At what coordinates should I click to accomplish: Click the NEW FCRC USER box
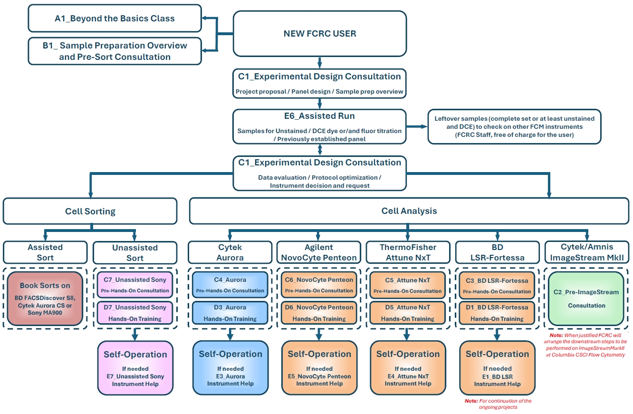coord(319,34)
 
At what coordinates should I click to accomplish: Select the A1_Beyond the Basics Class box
coord(115,19)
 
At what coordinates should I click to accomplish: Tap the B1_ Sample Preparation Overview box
coord(115,51)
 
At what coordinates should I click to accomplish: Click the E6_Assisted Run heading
coord(319,116)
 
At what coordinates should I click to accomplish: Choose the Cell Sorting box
coord(90,211)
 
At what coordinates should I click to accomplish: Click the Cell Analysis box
coord(409,211)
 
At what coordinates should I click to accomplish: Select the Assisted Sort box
coord(45,252)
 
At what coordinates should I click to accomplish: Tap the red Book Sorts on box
coord(45,298)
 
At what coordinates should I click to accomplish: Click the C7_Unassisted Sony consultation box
coord(135,285)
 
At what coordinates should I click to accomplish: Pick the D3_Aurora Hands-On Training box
coord(230,313)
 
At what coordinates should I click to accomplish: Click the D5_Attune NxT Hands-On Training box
coord(408,313)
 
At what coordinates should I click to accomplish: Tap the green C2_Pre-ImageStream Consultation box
coord(587,298)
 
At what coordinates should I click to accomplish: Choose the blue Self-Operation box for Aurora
coord(230,367)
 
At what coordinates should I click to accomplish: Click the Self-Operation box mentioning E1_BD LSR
coord(497,367)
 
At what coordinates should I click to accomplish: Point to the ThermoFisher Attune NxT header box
coord(408,252)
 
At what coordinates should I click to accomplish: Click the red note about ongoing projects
coord(498,404)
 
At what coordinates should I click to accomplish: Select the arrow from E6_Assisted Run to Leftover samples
coord(417,127)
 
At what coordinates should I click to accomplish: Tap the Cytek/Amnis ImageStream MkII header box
coord(587,252)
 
